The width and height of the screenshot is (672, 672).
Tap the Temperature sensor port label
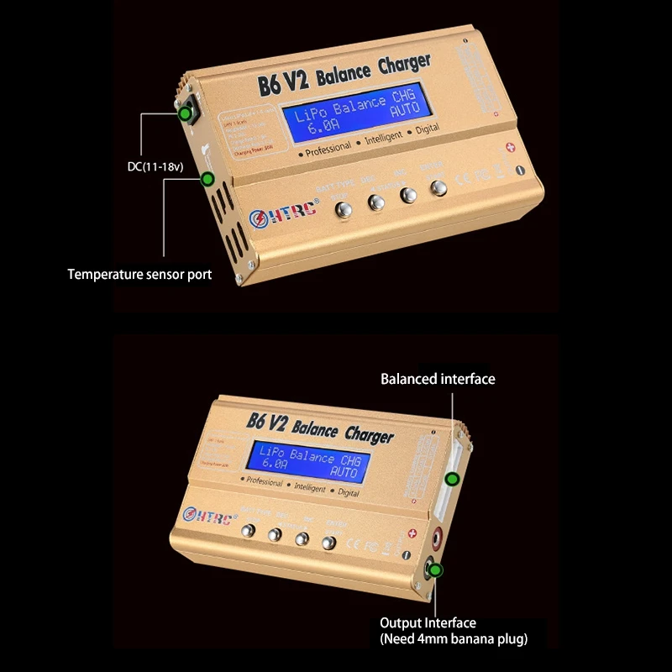click(139, 274)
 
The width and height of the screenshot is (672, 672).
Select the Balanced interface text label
click(438, 379)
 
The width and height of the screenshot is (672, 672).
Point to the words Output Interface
click(428, 622)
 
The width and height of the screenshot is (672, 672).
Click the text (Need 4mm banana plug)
click(453, 639)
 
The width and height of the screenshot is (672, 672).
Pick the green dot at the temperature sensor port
click(207, 178)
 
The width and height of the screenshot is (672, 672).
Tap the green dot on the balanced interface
click(452, 480)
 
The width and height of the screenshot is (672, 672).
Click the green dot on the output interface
click(436, 570)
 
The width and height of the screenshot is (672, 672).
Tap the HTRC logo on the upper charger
click(286, 213)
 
